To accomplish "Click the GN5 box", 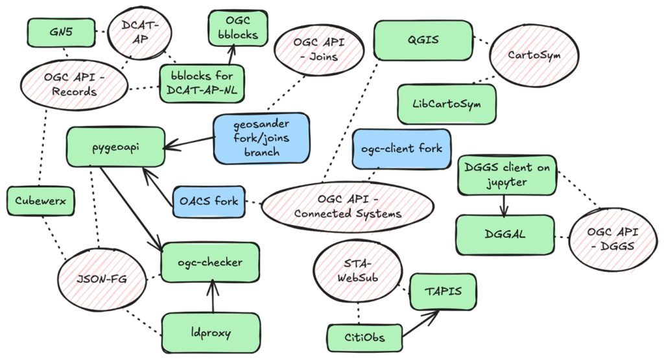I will (62, 32).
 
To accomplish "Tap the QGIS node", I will (423, 40).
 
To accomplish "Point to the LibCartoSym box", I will (447, 104).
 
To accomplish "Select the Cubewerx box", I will (40, 201).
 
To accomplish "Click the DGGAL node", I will (505, 235).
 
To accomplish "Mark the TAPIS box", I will (444, 291).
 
